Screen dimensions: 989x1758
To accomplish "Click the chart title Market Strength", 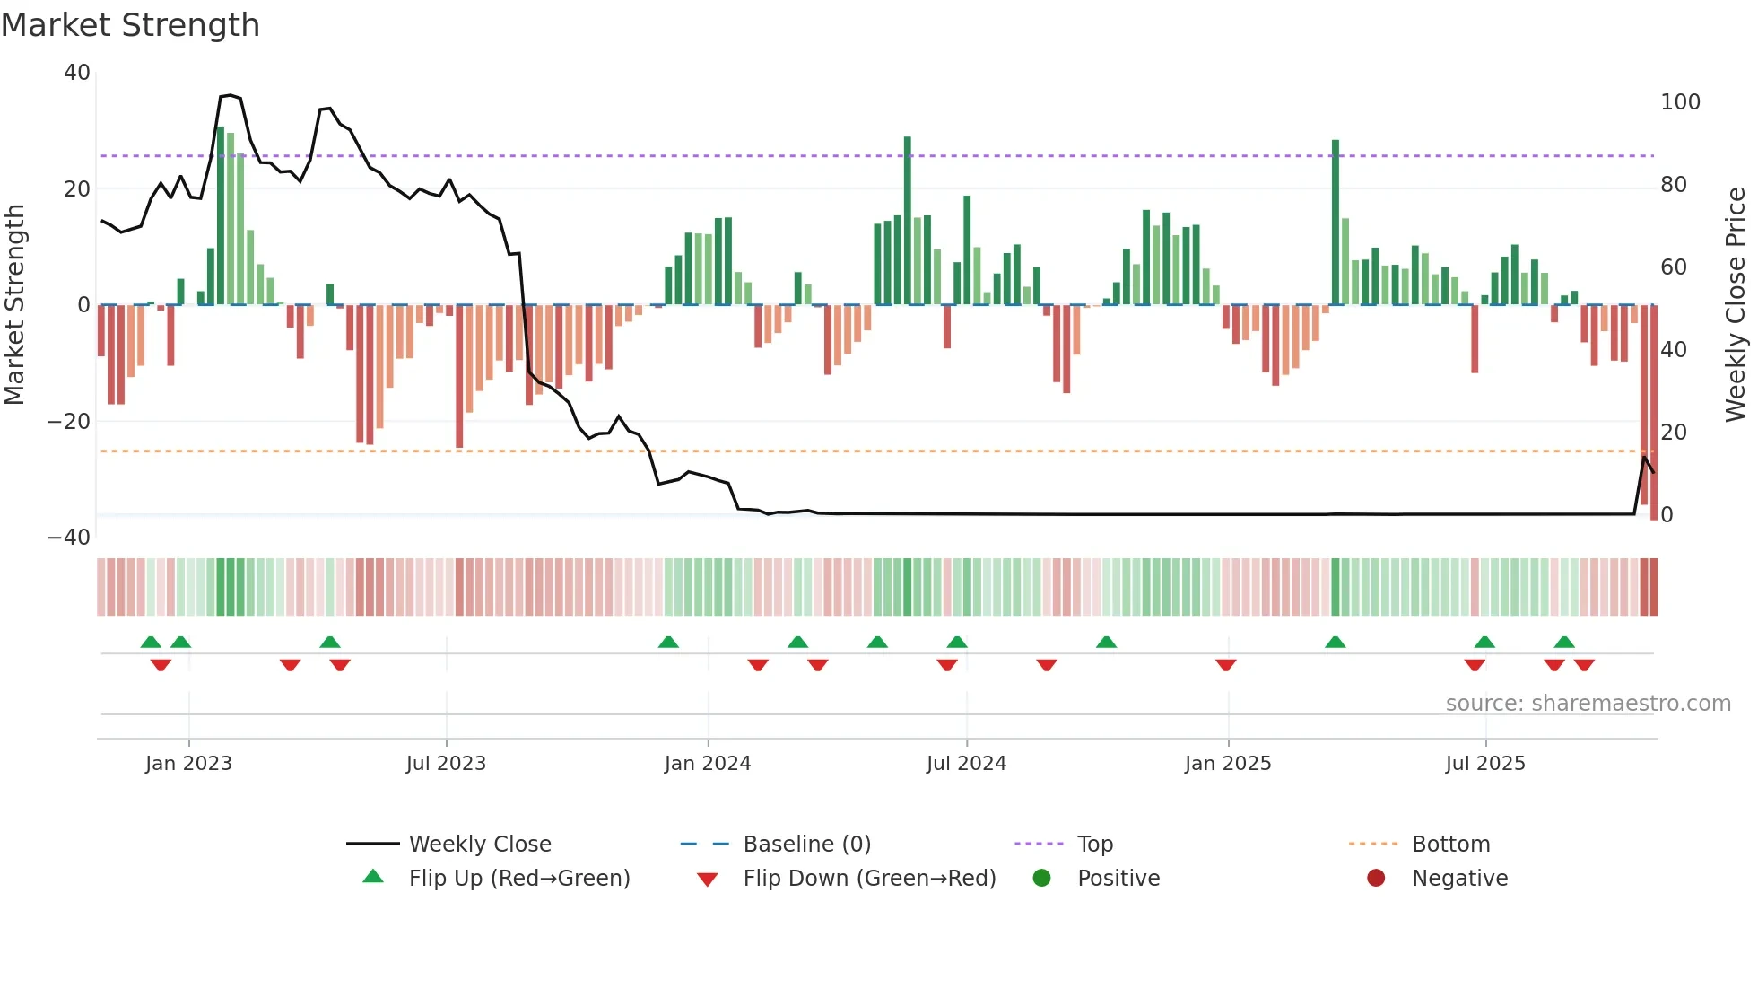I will (x=130, y=25).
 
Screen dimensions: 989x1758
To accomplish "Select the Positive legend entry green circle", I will (x=1041, y=878).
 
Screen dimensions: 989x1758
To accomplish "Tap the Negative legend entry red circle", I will (x=1376, y=878).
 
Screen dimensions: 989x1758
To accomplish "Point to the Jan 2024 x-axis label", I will (x=708, y=764).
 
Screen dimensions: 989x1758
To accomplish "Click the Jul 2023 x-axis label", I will (x=446, y=764).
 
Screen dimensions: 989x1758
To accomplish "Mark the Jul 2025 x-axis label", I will (x=1485, y=764).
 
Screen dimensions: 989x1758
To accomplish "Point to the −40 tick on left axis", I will (x=69, y=538).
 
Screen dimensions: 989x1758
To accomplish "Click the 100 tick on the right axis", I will (x=1680, y=102).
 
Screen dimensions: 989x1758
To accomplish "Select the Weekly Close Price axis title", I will (x=1736, y=305).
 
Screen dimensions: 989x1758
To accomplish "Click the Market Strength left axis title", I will (x=15, y=305).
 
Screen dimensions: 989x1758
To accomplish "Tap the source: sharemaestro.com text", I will (x=1588, y=704).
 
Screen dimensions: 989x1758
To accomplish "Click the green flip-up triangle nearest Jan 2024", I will (x=668, y=642).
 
